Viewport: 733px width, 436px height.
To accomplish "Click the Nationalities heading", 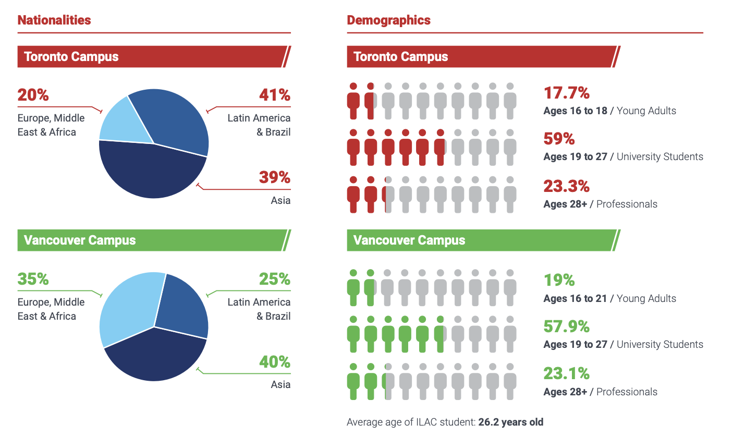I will coord(54,20).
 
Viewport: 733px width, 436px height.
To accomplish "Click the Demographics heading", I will coord(388,20).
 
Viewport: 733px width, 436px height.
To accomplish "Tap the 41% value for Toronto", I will coord(274,95).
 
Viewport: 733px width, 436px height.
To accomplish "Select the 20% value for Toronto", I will coord(33,95).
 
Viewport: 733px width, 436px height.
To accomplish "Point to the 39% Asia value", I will coord(274,177).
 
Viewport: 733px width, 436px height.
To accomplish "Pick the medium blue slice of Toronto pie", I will coord(175,117).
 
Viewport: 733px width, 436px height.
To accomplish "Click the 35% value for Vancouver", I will coord(33,280).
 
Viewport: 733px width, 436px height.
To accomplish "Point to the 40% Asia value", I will coord(274,361).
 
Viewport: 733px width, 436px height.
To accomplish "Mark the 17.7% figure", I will coord(566,93).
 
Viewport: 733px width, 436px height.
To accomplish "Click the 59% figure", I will coord(559,139).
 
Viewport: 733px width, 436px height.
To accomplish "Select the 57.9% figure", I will coord(566,326).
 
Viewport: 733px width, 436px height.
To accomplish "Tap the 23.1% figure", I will coord(566,373).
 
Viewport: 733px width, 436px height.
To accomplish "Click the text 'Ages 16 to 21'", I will coord(575,299).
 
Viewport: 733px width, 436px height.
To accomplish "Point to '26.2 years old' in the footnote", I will coord(510,422).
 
